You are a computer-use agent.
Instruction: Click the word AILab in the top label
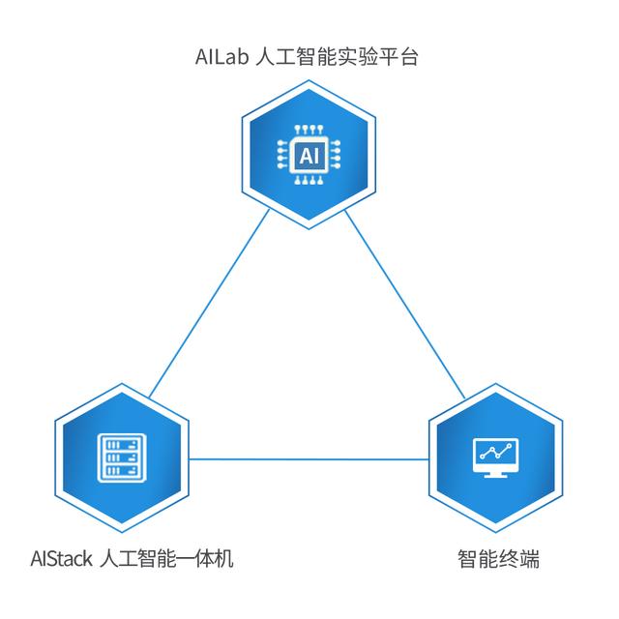click(x=221, y=57)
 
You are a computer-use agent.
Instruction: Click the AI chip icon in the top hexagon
click(x=308, y=155)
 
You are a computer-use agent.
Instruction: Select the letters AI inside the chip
click(x=308, y=155)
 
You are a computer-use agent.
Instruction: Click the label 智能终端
click(x=497, y=559)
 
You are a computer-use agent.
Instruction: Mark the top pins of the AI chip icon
click(x=308, y=130)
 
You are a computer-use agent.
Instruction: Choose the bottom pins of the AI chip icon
click(x=308, y=180)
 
